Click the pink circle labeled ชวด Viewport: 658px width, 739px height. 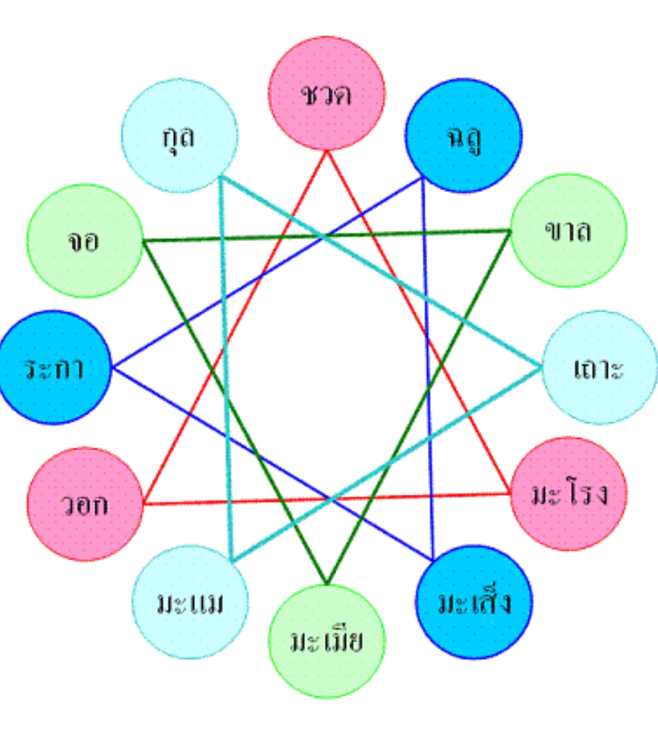[x=326, y=94]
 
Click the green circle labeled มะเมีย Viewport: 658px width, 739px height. [x=326, y=640]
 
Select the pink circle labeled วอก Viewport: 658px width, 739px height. [x=84, y=504]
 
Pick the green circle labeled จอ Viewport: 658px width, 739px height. [x=85, y=240]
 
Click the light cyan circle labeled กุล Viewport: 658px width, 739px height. [x=179, y=135]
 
